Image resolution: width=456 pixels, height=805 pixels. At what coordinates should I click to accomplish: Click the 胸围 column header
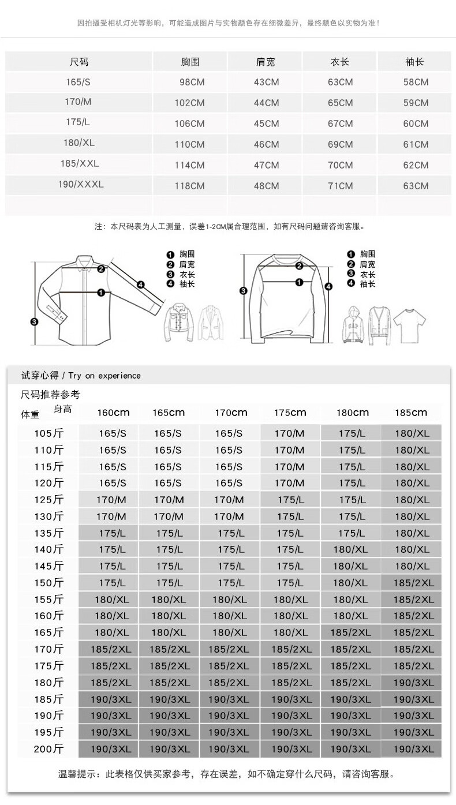189,62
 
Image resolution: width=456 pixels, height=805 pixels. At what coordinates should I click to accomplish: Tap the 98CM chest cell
192,83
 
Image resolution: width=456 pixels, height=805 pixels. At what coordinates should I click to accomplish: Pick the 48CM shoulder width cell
266,186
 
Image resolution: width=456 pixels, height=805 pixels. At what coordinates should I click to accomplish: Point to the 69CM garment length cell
340,144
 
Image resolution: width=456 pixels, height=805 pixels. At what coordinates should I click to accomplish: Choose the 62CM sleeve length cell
416,165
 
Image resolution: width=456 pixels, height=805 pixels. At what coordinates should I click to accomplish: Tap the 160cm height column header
113,413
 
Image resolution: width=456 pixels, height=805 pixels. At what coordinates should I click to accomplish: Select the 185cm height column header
411,413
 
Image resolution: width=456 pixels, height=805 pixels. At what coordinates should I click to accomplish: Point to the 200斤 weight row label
49,750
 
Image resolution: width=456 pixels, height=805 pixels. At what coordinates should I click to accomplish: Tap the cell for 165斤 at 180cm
350,633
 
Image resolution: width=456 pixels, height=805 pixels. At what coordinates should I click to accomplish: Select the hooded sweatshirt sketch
354,327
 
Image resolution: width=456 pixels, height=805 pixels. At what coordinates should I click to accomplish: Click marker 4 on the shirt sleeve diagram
140,283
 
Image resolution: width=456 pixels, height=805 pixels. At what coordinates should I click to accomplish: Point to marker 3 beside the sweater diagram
243,290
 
